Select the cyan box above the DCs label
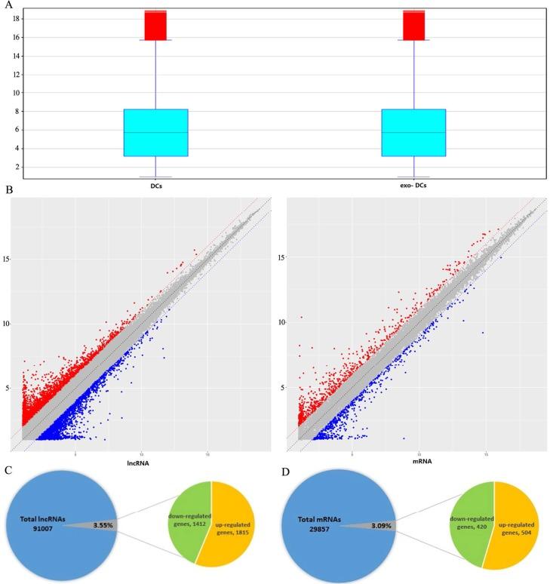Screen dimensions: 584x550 click(155, 133)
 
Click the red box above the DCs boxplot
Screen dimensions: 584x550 click(155, 26)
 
